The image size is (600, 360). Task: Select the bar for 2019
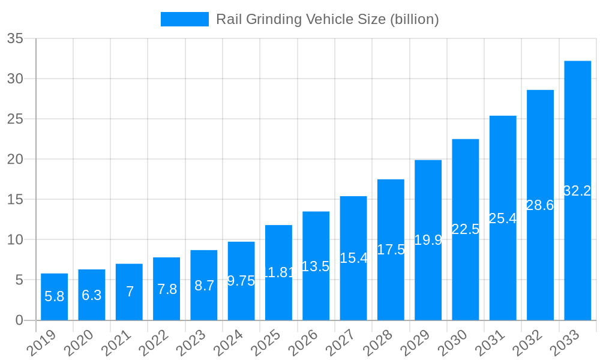click(x=54, y=297)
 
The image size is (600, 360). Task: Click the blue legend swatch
click(x=184, y=19)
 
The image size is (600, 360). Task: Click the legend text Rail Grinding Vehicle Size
click(x=327, y=19)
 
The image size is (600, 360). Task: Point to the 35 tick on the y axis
click(x=15, y=39)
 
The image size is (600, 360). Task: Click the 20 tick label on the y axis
click(x=15, y=160)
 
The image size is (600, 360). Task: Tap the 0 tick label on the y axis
click(x=19, y=320)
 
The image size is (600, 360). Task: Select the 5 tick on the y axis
click(x=19, y=280)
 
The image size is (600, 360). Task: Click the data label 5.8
click(x=54, y=296)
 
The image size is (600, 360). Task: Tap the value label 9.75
click(x=241, y=281)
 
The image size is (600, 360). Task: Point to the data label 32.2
click(x=577, y=191)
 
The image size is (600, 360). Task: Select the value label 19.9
click(x=428, y=240)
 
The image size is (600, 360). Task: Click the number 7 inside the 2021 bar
click(x=129, y=292)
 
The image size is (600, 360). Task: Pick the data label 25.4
click(x=503, y=218)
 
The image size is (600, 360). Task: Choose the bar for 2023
click(x=203, y=285)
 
